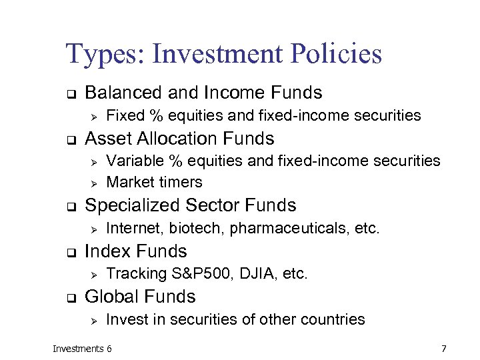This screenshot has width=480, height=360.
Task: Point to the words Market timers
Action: pyautogui.click(x=154, y=182)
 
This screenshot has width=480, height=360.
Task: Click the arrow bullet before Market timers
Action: pyautogui.click(x=94, y=182)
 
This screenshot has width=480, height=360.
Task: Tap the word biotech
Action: pyautogui.click(x=197, y=229)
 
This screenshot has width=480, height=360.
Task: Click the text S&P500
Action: pyautogui.click(x=191, y=273)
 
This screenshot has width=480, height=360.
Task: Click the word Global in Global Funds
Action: pyautogui.click(x=111, y=297)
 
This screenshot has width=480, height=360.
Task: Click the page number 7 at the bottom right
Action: pyautogui.click(x=443, y=349)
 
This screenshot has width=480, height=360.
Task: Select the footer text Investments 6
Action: pyautogui.click(x=83, y=349)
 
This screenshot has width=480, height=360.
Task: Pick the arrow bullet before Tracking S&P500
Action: pyautogui.click(x=94, y=274)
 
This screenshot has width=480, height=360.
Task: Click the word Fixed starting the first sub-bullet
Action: pyautogui.click(x=125, y=116)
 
